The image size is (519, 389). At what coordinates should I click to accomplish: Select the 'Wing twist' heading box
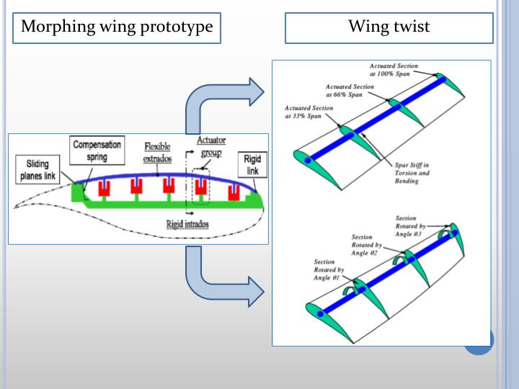pos(389,27)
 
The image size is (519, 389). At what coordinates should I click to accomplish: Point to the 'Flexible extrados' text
pos(157,151)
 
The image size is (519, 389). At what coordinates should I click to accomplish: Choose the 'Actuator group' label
pos(211,147)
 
